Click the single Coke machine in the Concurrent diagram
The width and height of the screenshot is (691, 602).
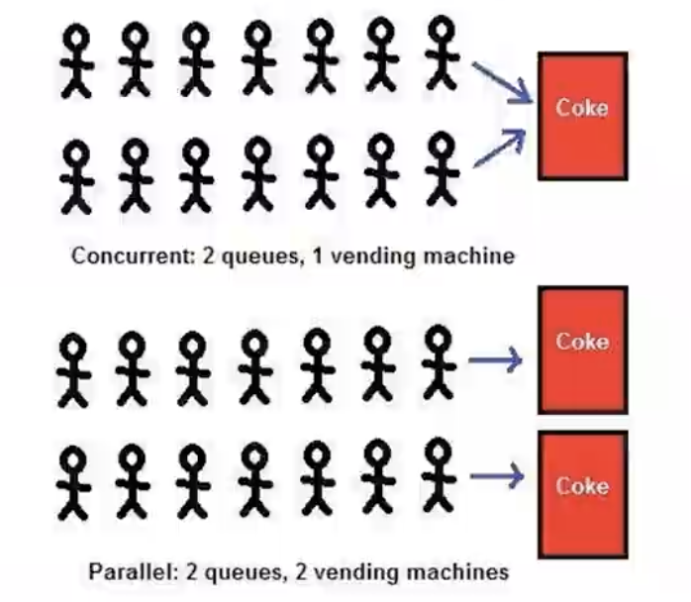(581, 116)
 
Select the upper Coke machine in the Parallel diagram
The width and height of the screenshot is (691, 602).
(581, 350)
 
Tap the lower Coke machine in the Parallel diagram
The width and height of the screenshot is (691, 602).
(581, 492)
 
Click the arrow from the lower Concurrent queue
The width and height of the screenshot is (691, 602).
(500, 148)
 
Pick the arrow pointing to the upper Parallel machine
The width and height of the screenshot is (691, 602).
(494, 361)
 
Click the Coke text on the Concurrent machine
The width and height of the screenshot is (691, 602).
(581, 107)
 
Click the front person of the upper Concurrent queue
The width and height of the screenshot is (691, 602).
(440, 55)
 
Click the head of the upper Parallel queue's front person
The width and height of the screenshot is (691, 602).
(436, 340)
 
